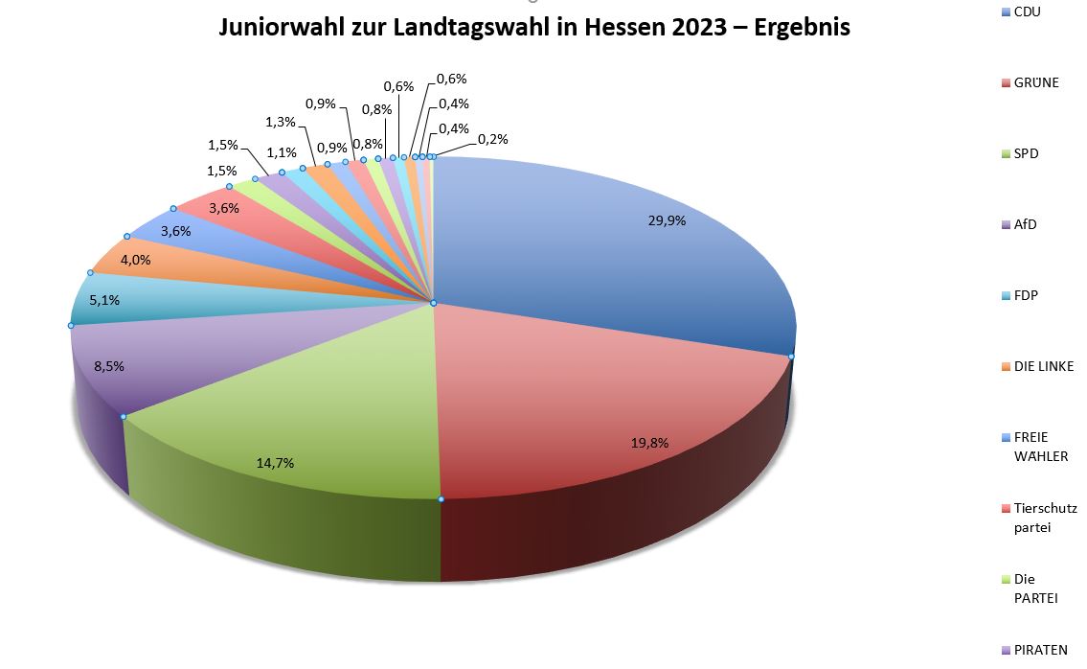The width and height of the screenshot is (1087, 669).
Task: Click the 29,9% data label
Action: (x=667, y=219)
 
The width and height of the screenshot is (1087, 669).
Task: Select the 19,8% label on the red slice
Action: (x=649, y=443)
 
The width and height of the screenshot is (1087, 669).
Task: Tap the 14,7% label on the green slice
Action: (x=275, y=463)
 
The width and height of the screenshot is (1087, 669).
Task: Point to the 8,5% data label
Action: (x=109, y=365)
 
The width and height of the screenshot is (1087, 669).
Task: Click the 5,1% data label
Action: (x=104, y=300)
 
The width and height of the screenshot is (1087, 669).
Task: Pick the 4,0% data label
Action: (x=136, y=259)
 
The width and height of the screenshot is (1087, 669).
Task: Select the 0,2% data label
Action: (x=493, y=139)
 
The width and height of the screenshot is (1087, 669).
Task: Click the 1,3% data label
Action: (x=281, y=122)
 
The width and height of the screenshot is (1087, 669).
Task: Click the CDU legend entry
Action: (x=1027, y=12)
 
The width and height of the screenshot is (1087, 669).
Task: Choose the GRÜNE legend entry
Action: (x=1036, y=82)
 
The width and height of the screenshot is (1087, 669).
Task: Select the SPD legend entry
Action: (x=1026, y=153)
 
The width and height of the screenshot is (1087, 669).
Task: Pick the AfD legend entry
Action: (x=1025, y=224)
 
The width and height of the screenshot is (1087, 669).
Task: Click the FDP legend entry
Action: (x=1026, y=295)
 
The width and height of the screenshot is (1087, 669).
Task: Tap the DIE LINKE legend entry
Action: (x=1044, y=366)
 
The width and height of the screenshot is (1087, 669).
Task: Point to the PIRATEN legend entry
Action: (x=1040, y=650)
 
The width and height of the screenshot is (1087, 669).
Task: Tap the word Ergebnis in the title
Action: (x=803, y=28)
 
